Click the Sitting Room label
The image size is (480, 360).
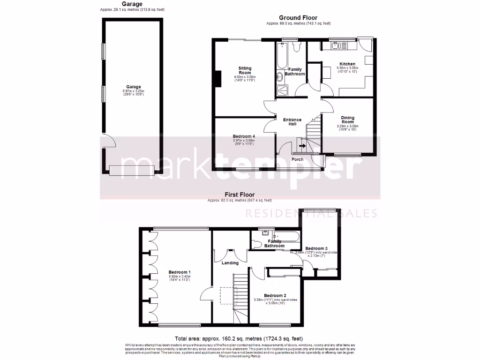pos(245,70)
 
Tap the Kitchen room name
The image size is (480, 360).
pos(347,64)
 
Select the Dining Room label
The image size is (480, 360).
pos(347,120)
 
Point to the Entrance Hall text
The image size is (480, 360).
pos(292,122)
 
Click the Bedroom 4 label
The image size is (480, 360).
pos(244,136)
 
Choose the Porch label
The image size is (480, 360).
pos(297,159)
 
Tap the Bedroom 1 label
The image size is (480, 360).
pos(180,272)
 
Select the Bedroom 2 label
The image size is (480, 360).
pos(275,295)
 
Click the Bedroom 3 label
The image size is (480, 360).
pos(316,248)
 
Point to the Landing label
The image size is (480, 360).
pos(230,262)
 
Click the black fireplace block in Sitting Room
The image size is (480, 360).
pos(217,78)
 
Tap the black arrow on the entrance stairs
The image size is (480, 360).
pos(300,146)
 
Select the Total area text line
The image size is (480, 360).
pos(239,338)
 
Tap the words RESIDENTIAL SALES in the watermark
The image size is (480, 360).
pos(312,214)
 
